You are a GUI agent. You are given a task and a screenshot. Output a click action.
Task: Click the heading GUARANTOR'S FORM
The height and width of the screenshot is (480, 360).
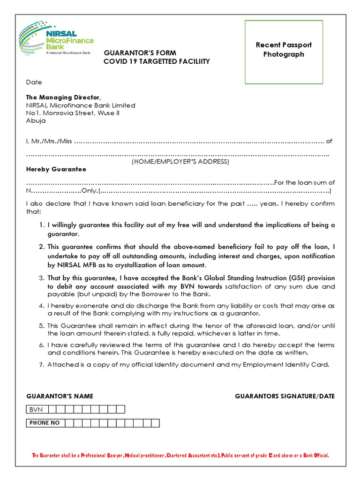[140, 53]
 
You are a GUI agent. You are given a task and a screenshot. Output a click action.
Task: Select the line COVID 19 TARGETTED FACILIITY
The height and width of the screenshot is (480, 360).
[157, 61]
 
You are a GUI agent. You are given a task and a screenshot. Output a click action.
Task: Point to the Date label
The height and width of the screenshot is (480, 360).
[34, 82]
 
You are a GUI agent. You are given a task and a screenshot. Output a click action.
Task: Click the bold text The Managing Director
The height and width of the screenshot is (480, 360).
[63, 97]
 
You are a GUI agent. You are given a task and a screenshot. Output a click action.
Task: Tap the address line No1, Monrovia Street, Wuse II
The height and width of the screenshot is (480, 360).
[73, 113]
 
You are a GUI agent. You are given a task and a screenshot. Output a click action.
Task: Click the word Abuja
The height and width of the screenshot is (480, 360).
[36, 120]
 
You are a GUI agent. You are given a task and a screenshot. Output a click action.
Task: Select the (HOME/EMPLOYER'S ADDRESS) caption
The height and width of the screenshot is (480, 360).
[180, 162]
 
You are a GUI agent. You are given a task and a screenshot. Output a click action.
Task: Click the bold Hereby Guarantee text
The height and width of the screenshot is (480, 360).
[56, 169]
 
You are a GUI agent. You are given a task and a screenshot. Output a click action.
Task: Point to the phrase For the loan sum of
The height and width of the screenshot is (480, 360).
[304, 182]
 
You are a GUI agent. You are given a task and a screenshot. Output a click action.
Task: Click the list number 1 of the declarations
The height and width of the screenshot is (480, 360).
[42, 225]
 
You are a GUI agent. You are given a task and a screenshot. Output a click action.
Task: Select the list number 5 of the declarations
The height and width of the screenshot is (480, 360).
[42, 325]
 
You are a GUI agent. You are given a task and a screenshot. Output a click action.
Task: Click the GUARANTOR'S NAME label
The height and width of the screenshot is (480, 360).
[59, 396]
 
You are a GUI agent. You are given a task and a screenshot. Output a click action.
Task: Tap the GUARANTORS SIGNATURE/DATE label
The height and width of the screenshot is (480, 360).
[285, 396]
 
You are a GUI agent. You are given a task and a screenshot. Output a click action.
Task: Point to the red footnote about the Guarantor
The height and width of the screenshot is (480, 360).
[180, 455]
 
